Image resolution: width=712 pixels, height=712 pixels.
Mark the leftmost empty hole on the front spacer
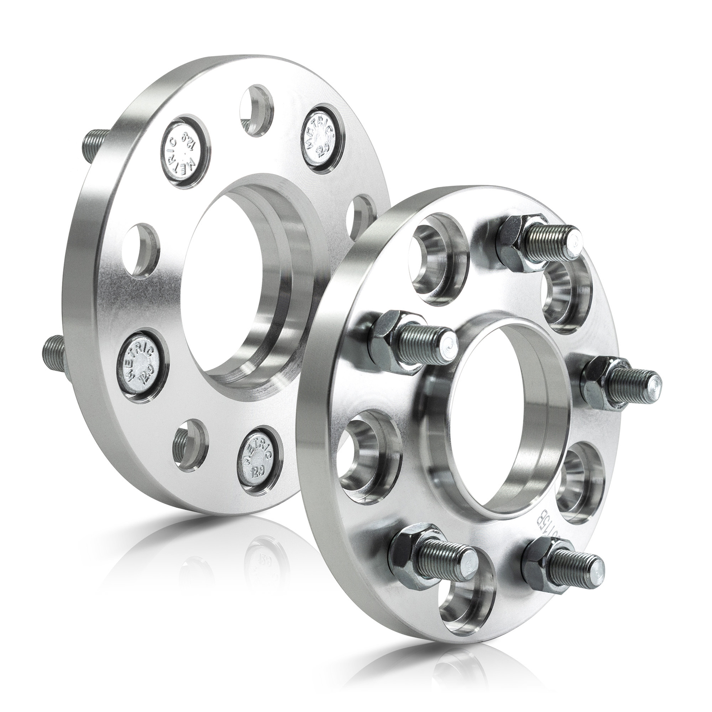[x=365, y=452]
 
